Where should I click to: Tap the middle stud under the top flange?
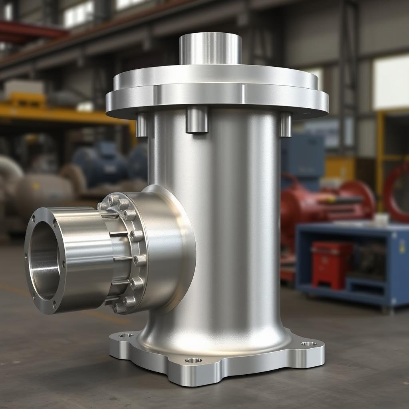[197, 119]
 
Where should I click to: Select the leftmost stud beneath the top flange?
[141, 125]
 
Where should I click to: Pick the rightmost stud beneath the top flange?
[285, 124]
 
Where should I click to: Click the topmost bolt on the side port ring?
[113, 199]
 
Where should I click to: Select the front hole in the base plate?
[193, 360]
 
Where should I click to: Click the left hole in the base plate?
[126, 335]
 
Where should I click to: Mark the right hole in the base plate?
[308, 343]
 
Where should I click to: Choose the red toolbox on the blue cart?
[331, 264]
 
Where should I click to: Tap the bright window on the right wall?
[391, 82]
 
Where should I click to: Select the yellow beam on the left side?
[60, 115]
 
